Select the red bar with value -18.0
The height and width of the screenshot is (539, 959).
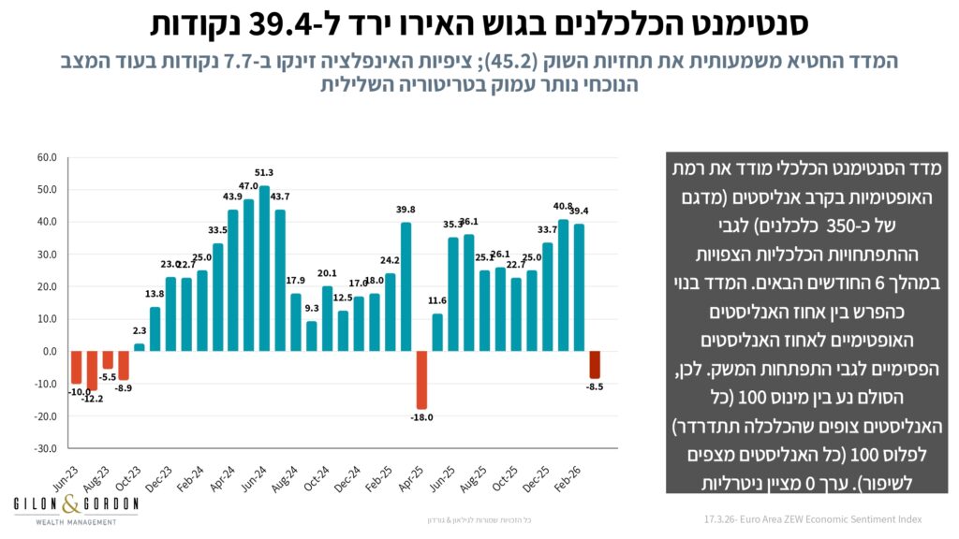click(421, 380)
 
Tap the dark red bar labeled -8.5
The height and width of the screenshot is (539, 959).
click(594, 365)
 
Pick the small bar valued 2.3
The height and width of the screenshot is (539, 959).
click(140, 347)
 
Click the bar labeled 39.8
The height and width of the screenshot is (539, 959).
click(406, 286)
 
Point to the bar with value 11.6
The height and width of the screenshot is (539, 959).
click(437, 332)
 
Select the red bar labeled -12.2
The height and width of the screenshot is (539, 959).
click(92, 371)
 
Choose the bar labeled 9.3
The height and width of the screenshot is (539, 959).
click(311, 336)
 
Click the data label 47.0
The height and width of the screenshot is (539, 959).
click(248, 186)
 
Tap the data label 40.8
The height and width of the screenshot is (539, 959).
click(563, 207)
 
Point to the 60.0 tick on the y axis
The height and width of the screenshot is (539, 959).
click(46, 157)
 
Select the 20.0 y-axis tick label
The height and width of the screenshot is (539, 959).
click(46, 286)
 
